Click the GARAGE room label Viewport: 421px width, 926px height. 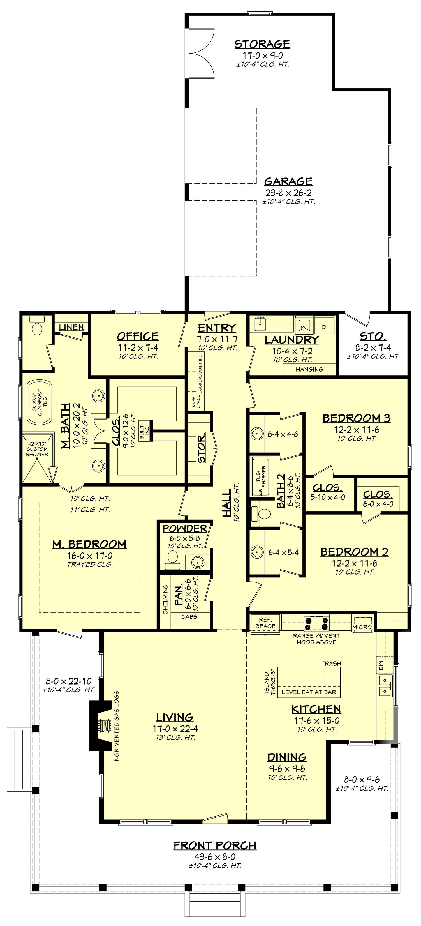click(288, 181)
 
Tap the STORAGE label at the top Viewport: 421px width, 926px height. click(262, 44)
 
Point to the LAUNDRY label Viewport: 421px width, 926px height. click(292, 340)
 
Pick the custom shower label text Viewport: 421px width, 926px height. click(37, 449)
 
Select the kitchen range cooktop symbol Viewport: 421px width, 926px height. click(317, 622)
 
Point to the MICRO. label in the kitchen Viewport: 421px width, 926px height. click(363, 627)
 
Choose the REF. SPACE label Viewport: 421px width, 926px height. click(265, 623)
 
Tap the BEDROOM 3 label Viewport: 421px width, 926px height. click(356, 418)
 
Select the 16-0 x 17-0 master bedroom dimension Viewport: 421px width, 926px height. click(90, 556)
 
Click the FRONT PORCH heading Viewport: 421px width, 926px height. click(215, 845)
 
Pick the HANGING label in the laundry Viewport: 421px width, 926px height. click(309, 369)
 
